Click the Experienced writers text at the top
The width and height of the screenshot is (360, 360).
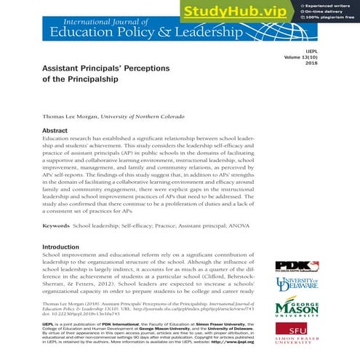(335, 5)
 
